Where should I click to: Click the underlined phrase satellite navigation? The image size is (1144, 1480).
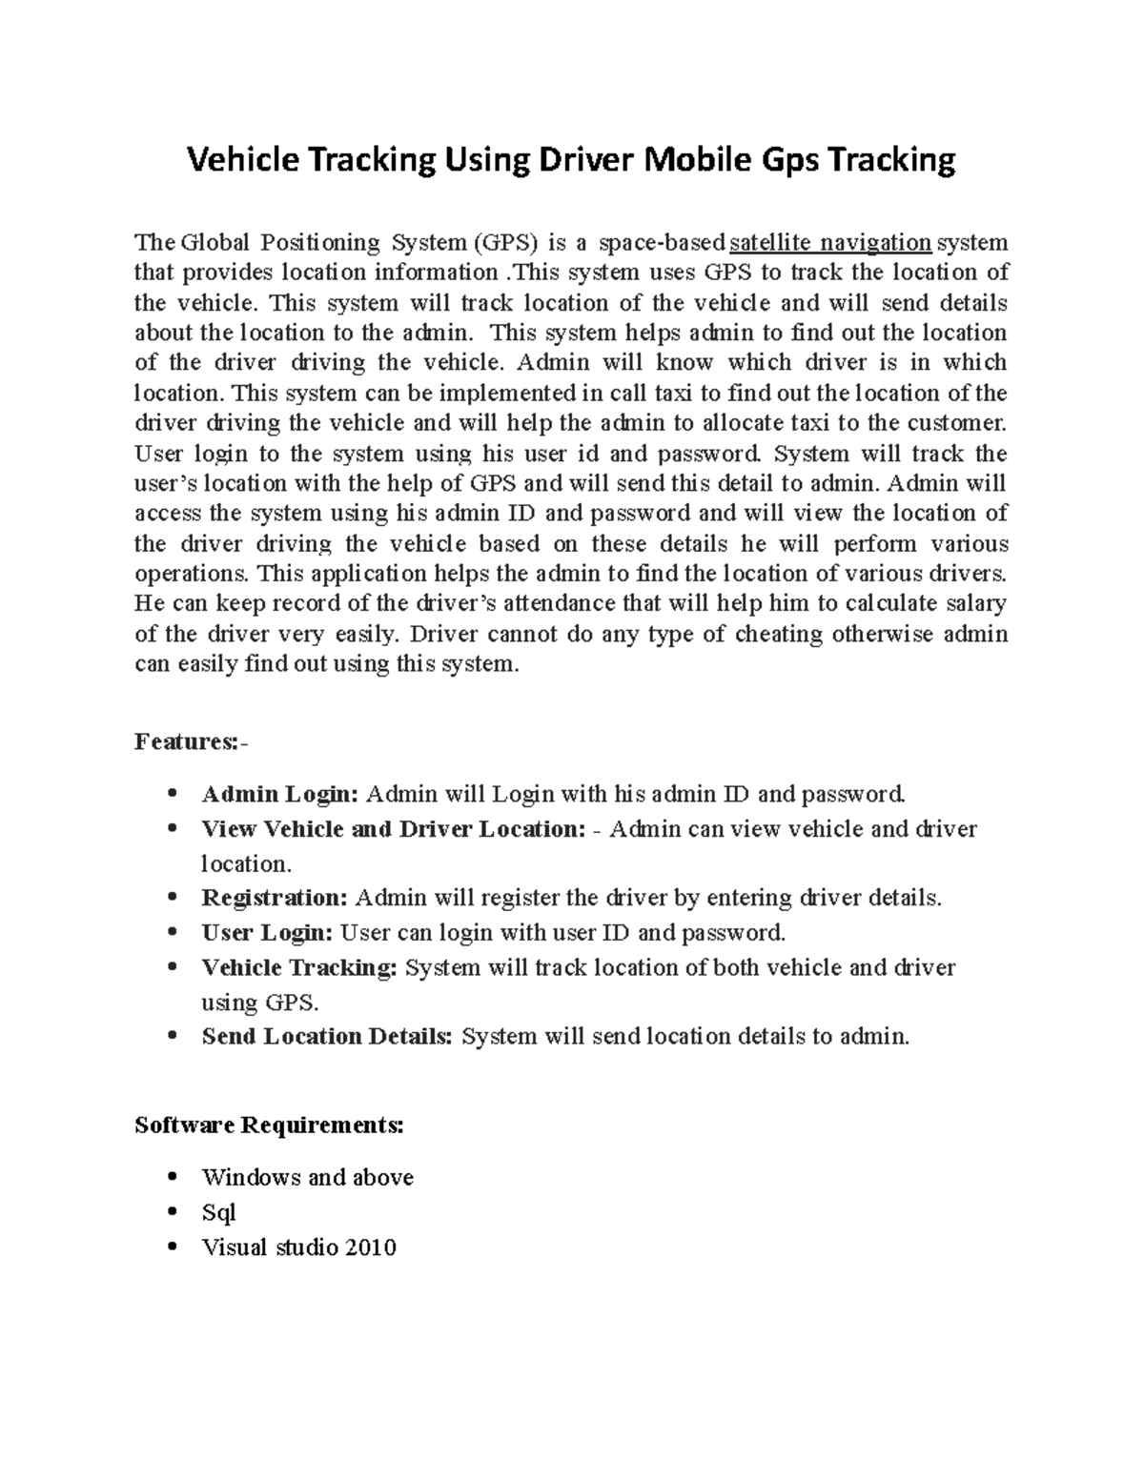point(829,242)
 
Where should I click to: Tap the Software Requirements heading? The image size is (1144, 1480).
point(269,1125)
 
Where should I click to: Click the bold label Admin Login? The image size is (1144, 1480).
point(280,794)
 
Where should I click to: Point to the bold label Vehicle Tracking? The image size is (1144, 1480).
point(299,967)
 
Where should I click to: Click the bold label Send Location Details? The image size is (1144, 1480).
point(327,1036)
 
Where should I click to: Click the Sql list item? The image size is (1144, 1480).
point(218,1212)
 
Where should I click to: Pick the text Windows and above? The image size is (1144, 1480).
point(308,1177)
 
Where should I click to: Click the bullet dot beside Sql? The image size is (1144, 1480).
point(173,1212)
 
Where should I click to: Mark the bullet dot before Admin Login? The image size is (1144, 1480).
point(173,794)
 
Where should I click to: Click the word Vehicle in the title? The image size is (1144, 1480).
point(242,160)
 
